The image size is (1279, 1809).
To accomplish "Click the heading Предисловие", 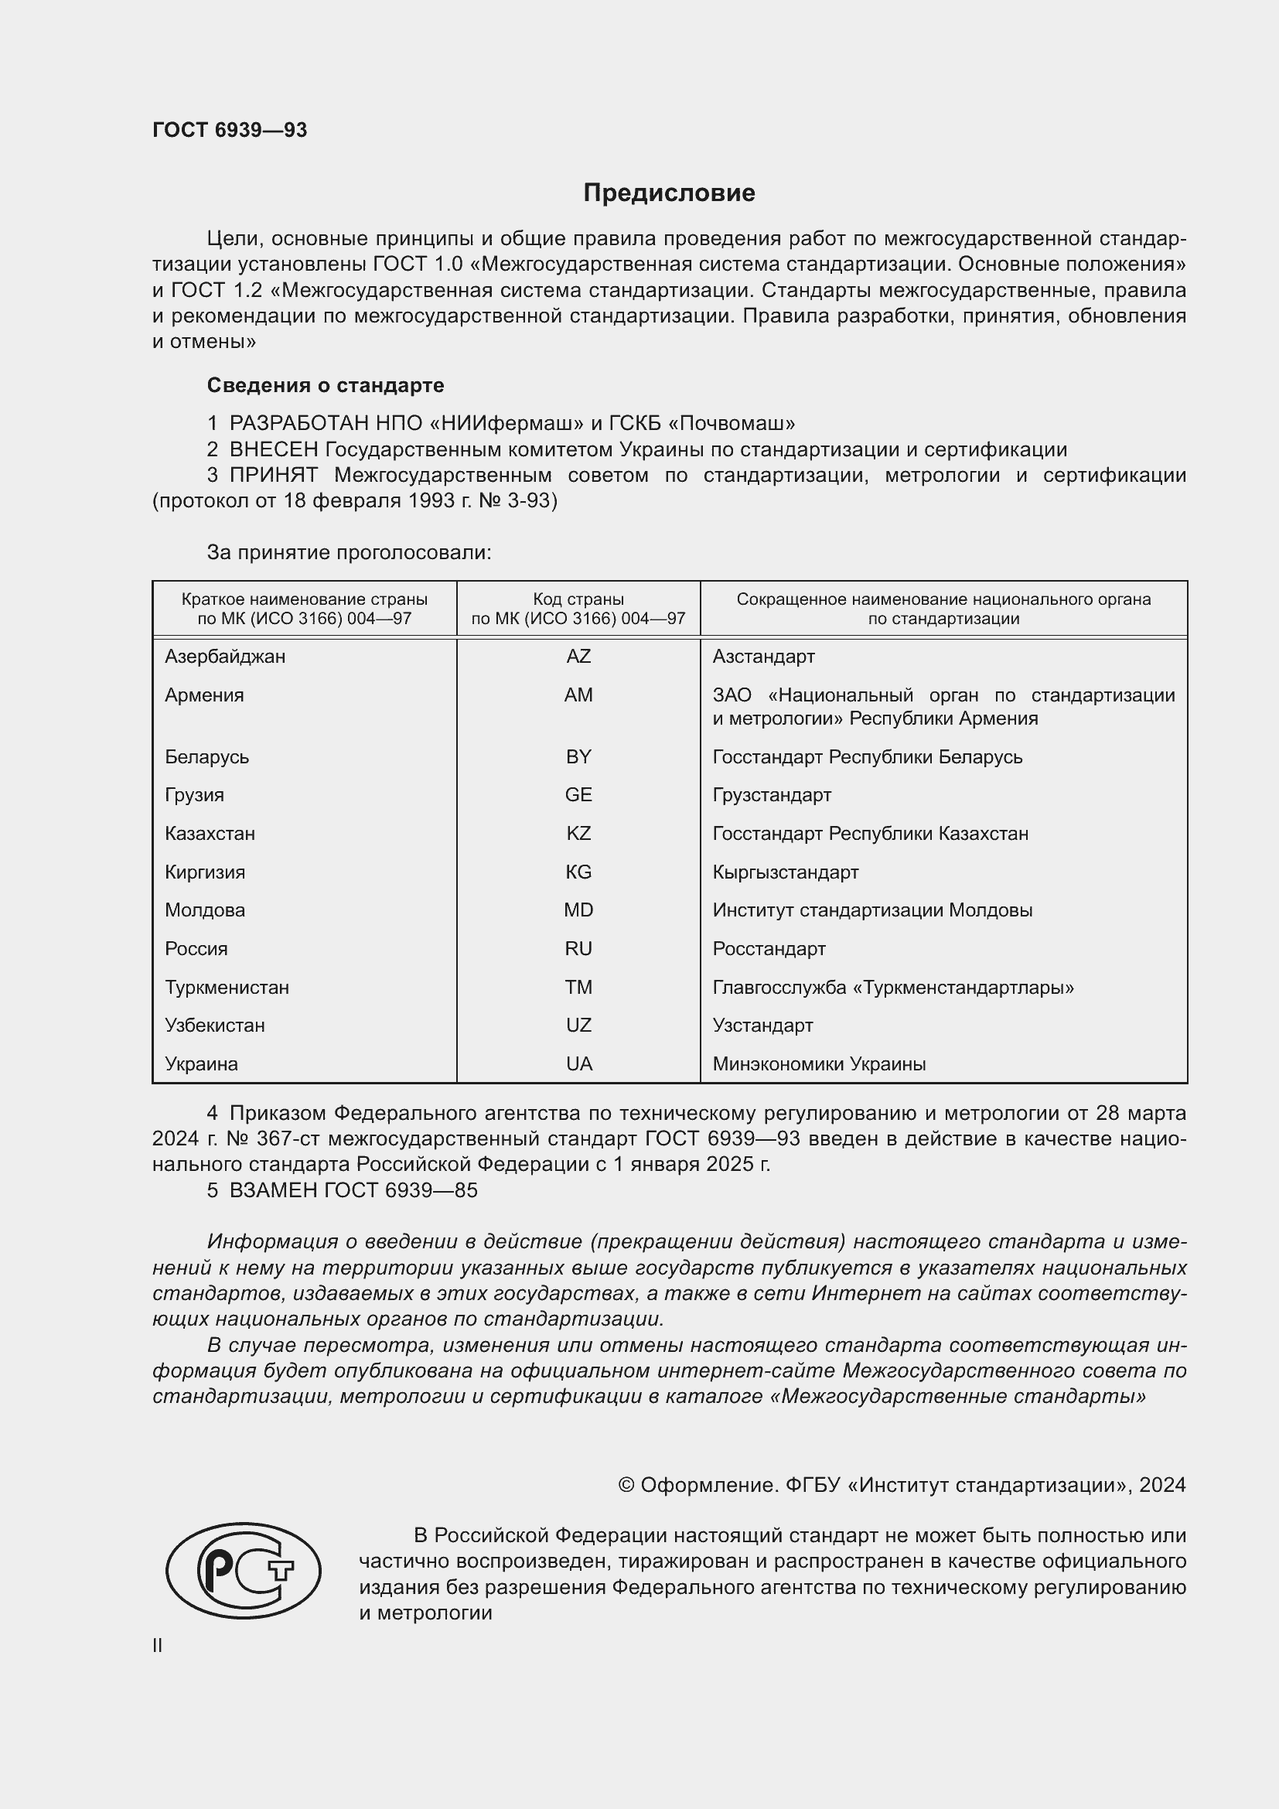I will pos(669,193).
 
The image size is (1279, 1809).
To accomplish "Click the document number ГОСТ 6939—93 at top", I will pos(229,130).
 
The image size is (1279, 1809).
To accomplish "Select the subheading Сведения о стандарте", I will pos(326,385).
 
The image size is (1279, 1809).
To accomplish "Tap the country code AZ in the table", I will pos(578,657).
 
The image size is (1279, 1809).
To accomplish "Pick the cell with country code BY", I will pos(578,756).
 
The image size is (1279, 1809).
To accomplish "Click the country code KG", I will pos(578,872).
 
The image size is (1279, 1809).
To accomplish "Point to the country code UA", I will pos(578,1063).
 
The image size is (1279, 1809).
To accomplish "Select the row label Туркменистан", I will pos(227,987).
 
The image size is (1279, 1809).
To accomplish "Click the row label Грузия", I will pos(195,794).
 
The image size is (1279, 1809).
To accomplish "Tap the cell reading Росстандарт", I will pos(769,949).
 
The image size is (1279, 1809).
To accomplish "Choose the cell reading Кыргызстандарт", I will pos(785,872).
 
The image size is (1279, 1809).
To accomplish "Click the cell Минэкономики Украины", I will pos(819,1063).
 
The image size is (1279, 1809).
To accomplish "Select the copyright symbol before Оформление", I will pos(626,1485).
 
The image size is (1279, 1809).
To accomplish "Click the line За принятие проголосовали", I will pos(349,552).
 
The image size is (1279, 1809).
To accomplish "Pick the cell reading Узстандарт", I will pos(762,1025).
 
